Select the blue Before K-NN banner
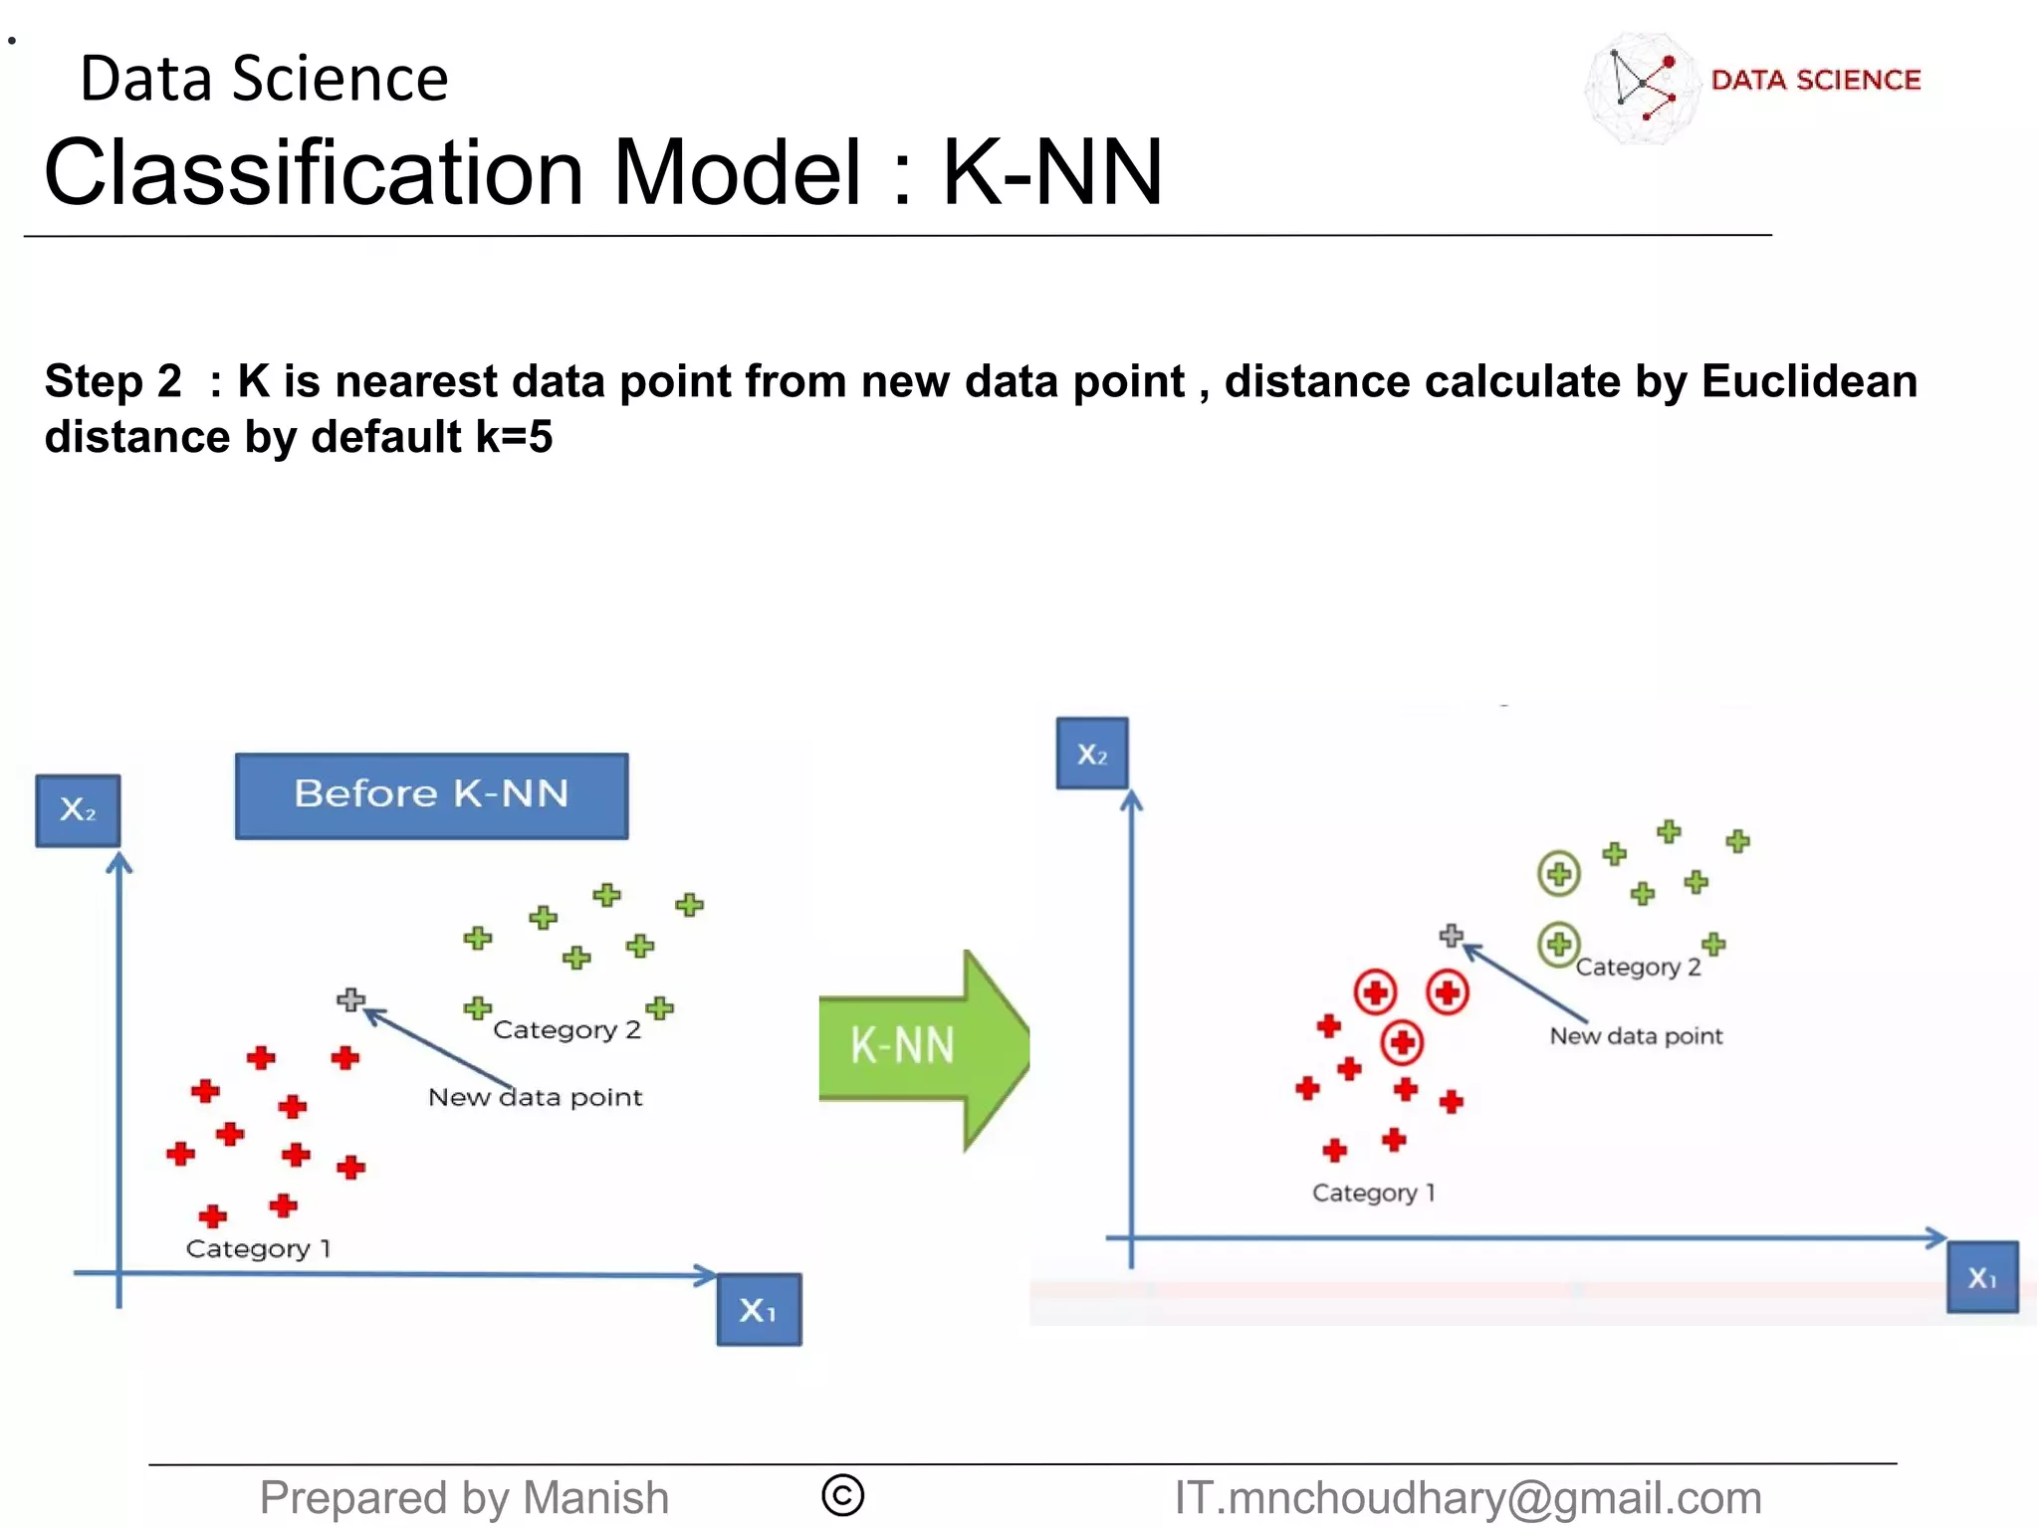click(431, 795)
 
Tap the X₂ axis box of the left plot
click(78, 810)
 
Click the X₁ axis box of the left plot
click(759, 1310)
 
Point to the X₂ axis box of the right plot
click(1092, 754)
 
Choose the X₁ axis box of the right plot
click(1982, 1277)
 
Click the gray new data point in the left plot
click(350, 998)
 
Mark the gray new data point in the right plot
click(1452, 935)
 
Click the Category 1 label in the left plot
click(258, 1248)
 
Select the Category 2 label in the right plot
click(1638, 967)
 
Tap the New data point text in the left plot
click(535, 1097)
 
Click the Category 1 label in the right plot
click(1373, 1193)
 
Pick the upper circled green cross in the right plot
click(1559, 874)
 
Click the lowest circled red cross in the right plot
click(1402, 1042)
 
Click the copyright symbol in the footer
click(842, 1495)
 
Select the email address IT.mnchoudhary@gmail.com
click(1468, 1497)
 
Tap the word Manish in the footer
click(595, 1497)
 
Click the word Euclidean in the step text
click(1809, 381)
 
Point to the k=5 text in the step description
click(514, 437)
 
